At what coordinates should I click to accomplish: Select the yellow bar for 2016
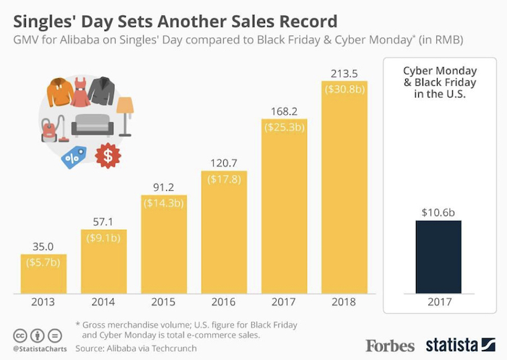[223, 231]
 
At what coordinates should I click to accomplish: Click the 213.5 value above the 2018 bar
[344, 73]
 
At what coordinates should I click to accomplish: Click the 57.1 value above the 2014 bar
[103, 221]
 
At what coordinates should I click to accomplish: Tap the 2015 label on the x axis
[163, 303]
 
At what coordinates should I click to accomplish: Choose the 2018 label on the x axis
[344, 303]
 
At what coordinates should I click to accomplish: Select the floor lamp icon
[125, 116]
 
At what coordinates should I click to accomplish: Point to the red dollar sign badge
[108, 155]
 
